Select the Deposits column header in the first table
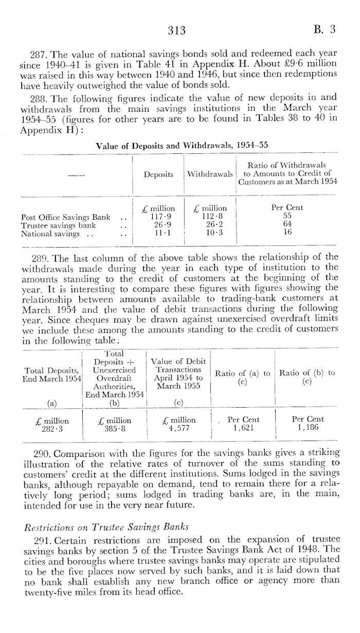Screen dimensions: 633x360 point(158,174)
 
